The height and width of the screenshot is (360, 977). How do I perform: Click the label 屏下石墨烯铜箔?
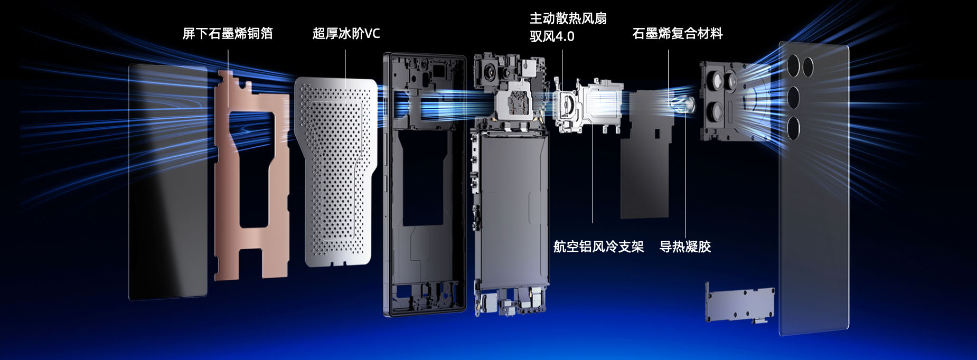click(228, 34)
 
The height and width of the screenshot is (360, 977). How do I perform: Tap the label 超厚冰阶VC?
click(346, 34)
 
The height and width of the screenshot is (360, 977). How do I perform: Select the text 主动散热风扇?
click(568, 18)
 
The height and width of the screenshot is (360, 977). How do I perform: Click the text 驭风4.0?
click(552, 36)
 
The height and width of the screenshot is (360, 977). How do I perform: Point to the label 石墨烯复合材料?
click(678, 34)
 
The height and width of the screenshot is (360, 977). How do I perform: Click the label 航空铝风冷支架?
click(598, 247)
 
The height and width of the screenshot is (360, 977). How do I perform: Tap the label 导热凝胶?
click(685, 247)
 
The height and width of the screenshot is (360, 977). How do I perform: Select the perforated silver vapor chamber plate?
click(336, 172)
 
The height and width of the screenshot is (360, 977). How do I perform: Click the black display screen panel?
click(168, 182)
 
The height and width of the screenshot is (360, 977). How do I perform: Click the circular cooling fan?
click(566, 104)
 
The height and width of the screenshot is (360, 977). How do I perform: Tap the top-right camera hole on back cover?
click(808, 67)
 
